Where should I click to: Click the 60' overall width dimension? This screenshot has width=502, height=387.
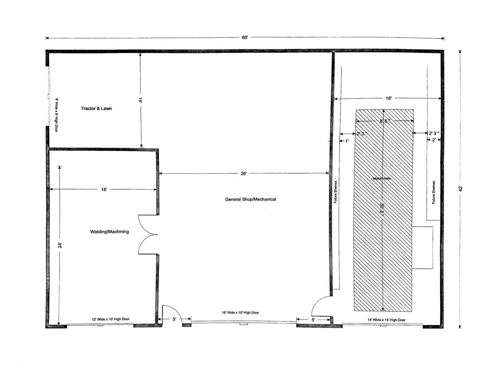(x=245, y=38)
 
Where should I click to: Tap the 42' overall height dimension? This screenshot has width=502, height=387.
(x=461, y=188)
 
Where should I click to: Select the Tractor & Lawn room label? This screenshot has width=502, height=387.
(x=96, y=108)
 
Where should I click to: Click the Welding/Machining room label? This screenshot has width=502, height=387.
(x=110, y=232)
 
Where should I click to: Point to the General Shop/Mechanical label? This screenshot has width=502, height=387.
(x=250, y=199)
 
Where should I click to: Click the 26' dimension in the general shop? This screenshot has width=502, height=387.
(x=244, y=174)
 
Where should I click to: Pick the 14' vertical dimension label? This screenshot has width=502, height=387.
(x=140, y=100)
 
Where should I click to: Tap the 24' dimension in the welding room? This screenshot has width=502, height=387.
(x=60, y=245)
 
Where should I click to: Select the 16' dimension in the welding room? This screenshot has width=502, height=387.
(x=104, y=190)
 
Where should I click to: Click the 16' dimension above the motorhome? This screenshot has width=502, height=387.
(x=388, y=98)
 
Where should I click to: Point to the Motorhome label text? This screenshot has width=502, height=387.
(x=382, y=178)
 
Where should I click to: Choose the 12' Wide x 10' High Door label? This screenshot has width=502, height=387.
(x=111, y=319)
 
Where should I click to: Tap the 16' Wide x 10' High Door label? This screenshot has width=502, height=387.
(x=240, y=313)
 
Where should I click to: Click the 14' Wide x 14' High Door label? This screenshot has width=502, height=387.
(x=386, y=320)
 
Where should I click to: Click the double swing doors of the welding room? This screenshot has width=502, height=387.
(x=148, y=235)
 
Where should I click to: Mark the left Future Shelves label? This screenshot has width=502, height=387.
(x=336, y=192)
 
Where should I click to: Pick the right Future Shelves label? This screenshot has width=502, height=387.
(x=434, y=192)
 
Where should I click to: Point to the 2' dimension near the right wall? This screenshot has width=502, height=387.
(x=434, y=140)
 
